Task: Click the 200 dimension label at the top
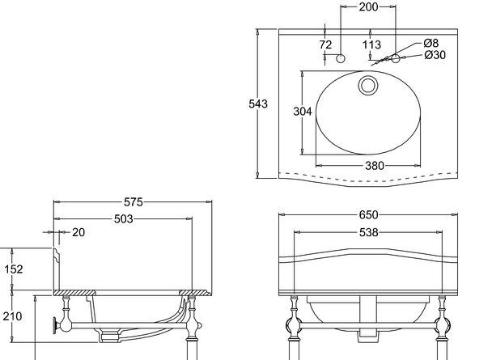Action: coord(368,6)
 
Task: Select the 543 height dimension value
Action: coord(258,104)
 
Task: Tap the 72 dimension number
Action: coord(325,44)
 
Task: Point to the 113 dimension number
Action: coord(371,44)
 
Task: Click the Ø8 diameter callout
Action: coord(430,43)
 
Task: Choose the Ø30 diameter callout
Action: coord(435,55)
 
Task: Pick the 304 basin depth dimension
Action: coord(303,112)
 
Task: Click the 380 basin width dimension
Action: coord(375,166)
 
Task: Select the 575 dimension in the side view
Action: coord(133,202)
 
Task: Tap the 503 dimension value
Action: coord(123,219)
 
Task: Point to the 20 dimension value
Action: coord(78,232)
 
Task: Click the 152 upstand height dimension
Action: coord(14,269)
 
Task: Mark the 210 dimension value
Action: coord(13,316)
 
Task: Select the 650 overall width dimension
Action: coord(368,215)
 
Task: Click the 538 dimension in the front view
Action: coord(368,232)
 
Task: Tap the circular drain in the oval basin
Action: coord(368,85)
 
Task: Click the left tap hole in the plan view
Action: coord(341,58)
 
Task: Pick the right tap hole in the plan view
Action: coord(396,58)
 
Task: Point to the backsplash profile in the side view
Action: coord(57,269)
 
